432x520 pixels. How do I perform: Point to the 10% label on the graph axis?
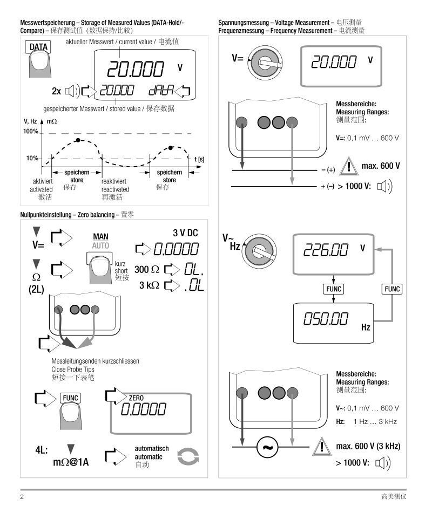click(x=31, y=159)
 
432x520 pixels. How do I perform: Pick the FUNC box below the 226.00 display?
click(x=333, y=289)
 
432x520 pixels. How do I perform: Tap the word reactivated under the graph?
click(x=115, y=189)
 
